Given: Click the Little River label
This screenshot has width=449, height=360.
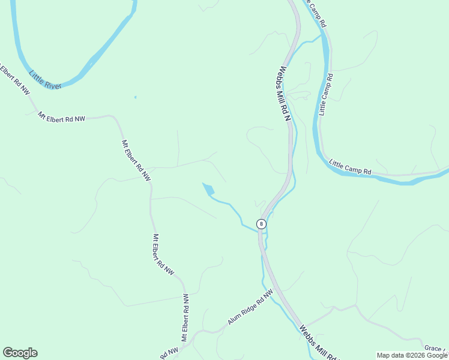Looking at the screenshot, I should tap(44, 80).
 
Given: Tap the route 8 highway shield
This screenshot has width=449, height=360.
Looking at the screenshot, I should tap(261, 224).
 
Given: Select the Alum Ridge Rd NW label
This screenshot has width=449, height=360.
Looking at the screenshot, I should tap(250, 307).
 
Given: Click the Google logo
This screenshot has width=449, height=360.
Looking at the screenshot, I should tap(20, 353).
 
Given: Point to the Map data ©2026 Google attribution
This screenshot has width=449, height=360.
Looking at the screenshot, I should tap(412, 355).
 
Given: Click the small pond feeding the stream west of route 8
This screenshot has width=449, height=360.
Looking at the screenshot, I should tap(209, 190).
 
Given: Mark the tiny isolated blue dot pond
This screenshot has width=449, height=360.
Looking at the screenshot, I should tap(135, 97).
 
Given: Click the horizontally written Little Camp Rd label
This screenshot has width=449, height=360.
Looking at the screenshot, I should tap(351, 167).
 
